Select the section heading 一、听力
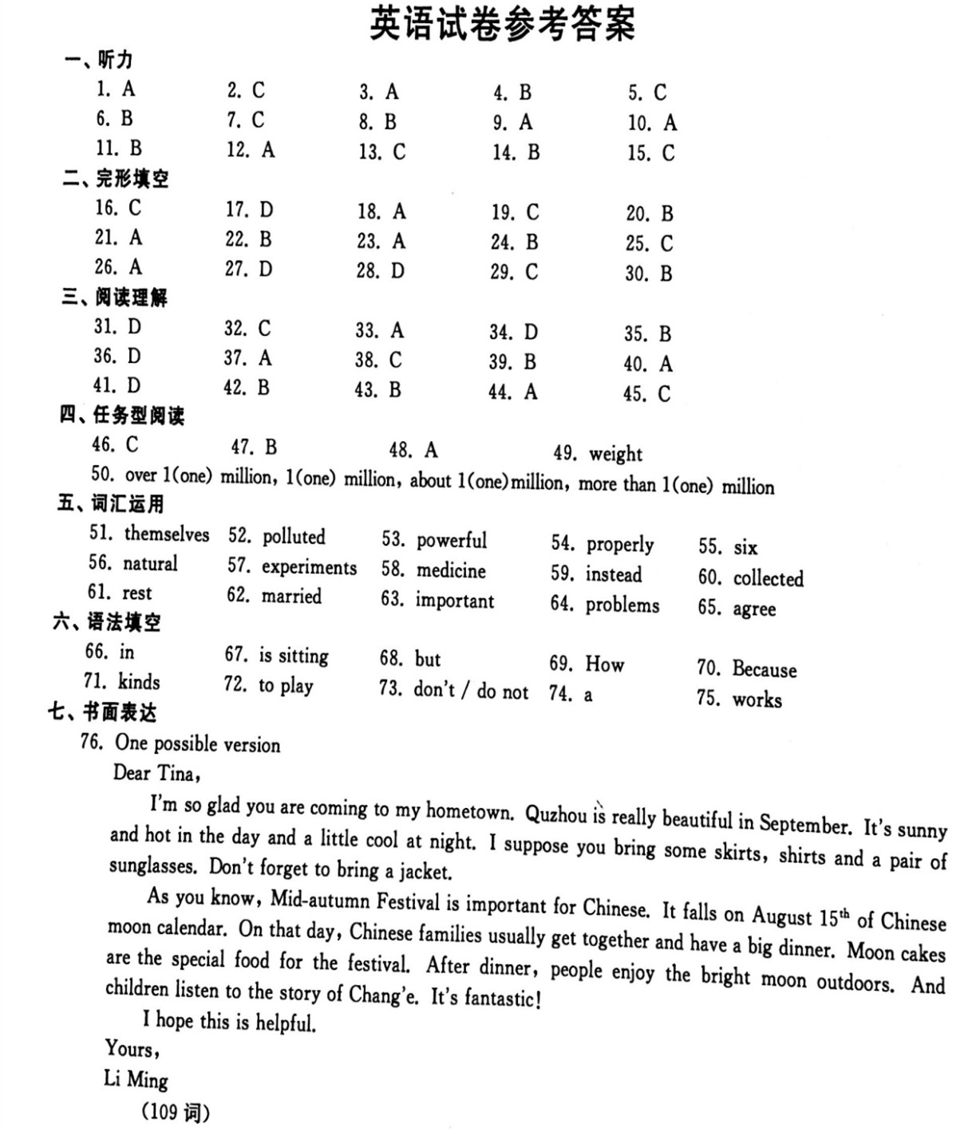click(x=99, y=60)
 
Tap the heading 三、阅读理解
click(x=114, y=298)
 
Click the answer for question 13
click(x=398, y=152)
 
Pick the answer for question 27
click(x=265, y=270)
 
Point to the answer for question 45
click(x=663, y=394)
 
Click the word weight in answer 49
click(x=615, y=454)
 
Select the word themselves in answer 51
click(x=167, y=534)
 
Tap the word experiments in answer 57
click(x=309, y=567)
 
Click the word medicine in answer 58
click(x=451, y=571)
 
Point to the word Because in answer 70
click(x=764, y=669)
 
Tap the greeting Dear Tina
click(x=156, y=773)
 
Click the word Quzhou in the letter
click(x=556, y=814)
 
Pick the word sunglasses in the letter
click(x=152, y=866)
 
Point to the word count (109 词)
click(x=176, y=1112)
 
